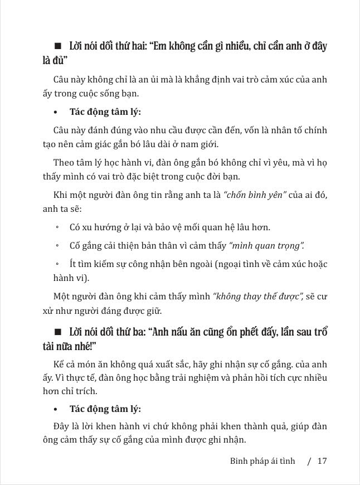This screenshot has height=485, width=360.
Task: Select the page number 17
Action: pyautogui.click(x=322, y=461)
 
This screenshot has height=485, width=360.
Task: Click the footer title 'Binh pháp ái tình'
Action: pyautogui.click(x=262, y=461)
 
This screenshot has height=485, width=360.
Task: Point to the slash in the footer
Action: pyautogui.click(x=308, y=461)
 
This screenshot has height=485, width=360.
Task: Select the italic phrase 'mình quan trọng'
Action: pyautogui.click(x=266, y=245)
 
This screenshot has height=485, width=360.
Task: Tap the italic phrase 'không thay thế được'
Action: pyautogui.click(x=257, y=297)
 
